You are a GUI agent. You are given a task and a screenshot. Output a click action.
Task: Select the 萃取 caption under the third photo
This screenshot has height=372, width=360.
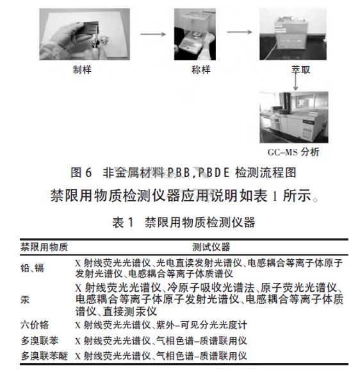pyautogui.click(x=301, y=69)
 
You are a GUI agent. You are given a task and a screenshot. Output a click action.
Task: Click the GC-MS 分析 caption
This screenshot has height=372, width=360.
pyautogui.click(x=293, y=152)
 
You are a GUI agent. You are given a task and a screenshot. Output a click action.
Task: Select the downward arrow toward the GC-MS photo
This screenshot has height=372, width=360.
pyautogui.click(x=295, y=79)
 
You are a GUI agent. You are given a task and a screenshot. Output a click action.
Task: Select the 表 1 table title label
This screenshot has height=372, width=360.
pyautogui.click(x=122, y=223)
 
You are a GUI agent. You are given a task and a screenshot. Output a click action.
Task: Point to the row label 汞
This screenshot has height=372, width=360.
pyautogui.click(x=24, y=299)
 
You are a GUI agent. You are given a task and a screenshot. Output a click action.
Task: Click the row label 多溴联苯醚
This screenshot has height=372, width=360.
pyautogui.click(x=44, y=355)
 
